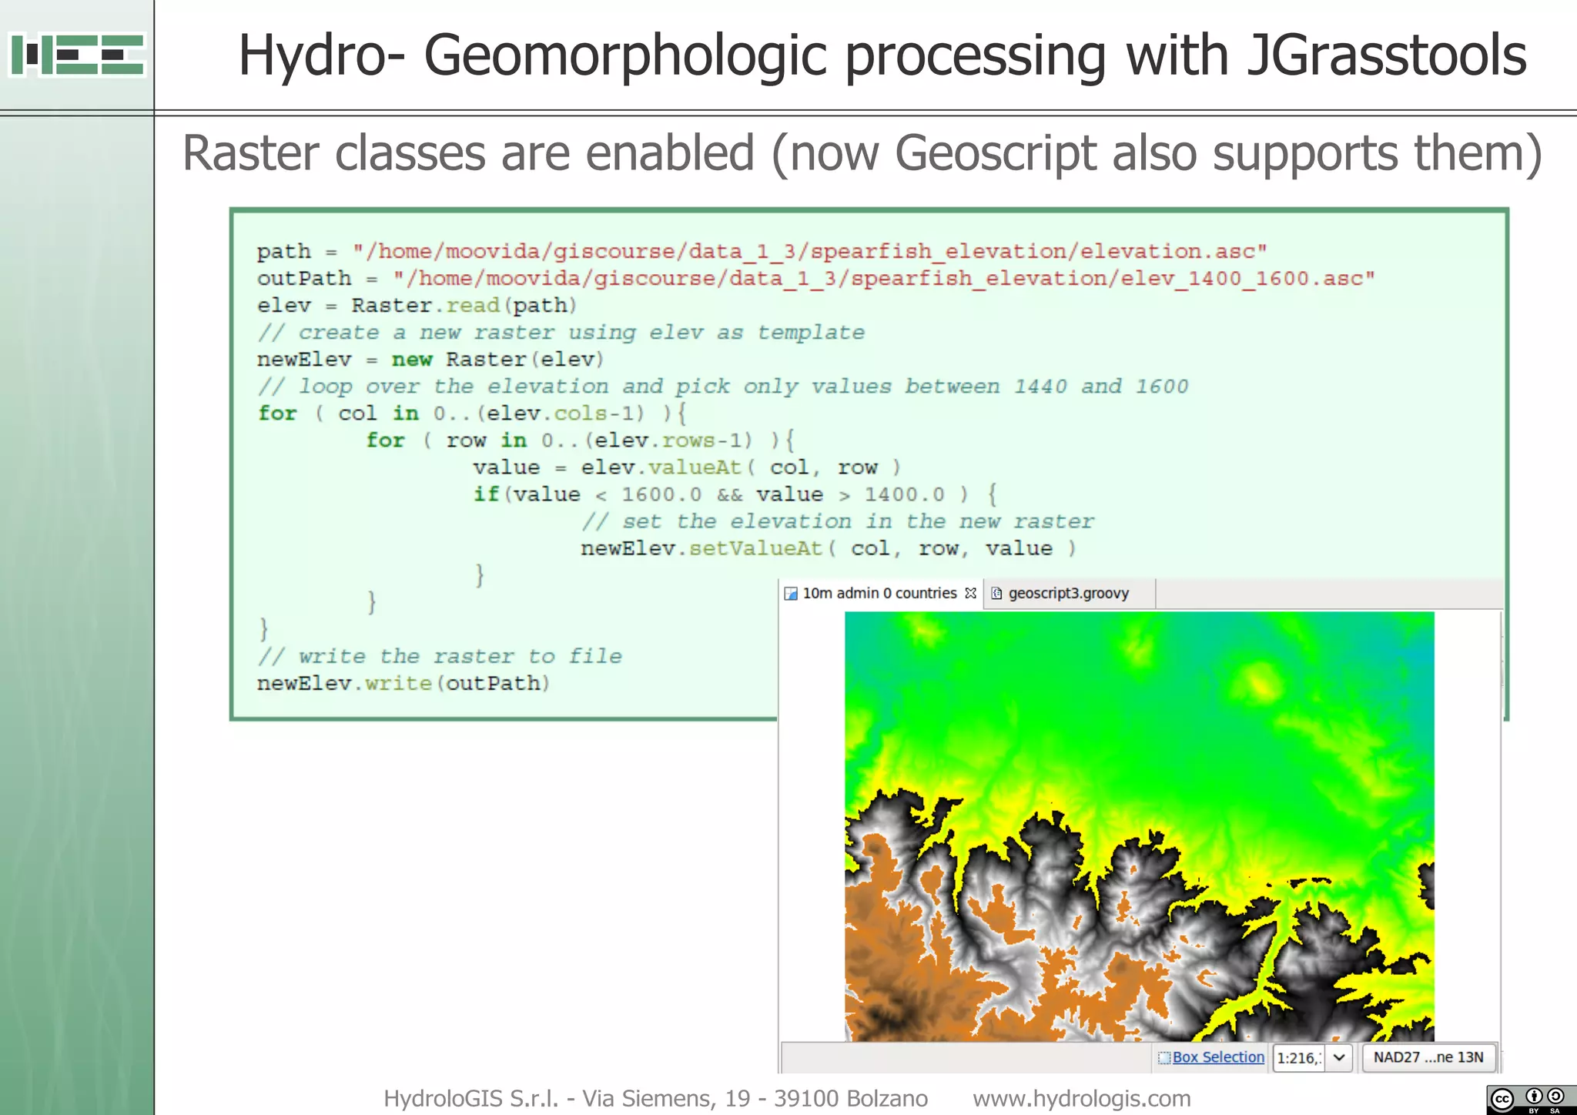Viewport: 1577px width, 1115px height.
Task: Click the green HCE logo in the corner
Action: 77,55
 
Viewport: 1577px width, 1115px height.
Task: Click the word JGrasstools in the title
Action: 1386,55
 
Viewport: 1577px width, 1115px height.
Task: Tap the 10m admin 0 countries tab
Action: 879,593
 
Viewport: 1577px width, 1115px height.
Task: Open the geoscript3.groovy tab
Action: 1067,593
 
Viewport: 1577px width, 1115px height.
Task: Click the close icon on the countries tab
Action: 970,593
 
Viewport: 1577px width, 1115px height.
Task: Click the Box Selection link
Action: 1217,1057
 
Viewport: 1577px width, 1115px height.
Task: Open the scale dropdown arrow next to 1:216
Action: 1339,1057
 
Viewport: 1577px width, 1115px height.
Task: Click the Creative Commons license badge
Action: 1531,1099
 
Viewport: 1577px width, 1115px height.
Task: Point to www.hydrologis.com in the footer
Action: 1081,1098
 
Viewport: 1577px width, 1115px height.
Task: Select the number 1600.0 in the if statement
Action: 661,494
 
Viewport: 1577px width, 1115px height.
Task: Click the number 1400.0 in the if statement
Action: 904,494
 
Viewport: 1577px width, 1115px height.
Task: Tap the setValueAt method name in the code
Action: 755,548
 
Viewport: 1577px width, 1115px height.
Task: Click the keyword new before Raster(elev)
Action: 412,360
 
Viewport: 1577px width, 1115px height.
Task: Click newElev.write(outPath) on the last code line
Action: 403,683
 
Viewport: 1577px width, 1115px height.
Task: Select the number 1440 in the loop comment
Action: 1040,387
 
